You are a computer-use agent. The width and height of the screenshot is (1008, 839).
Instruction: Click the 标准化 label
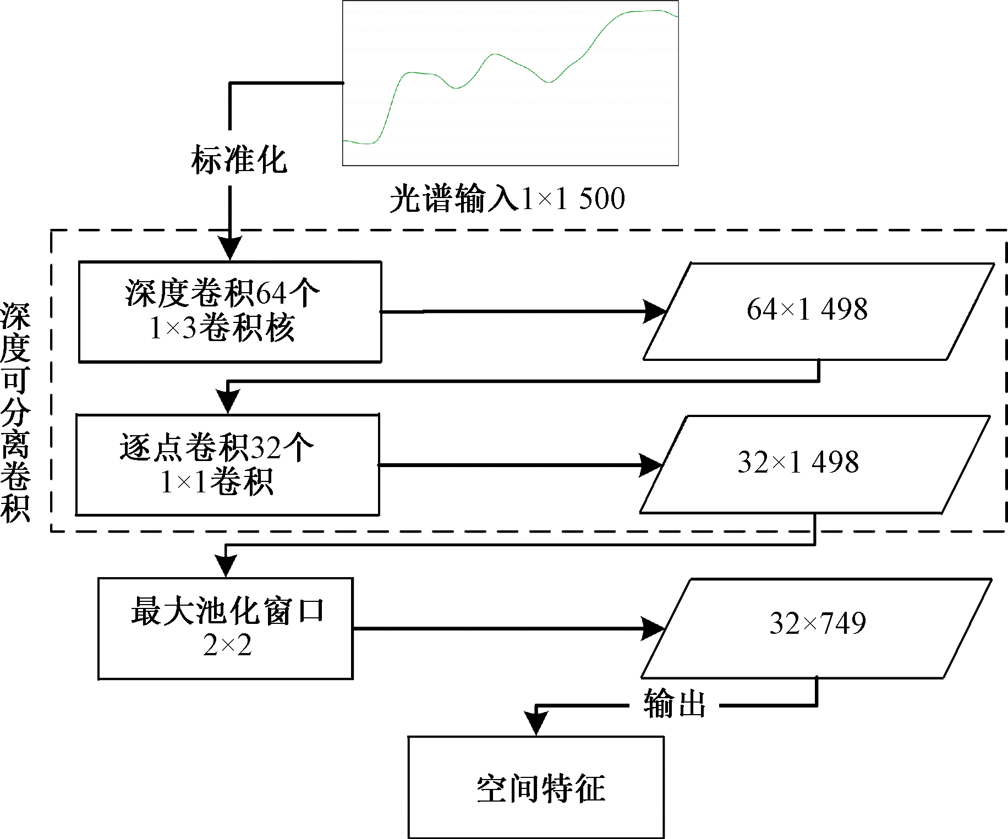(x=239, y=160)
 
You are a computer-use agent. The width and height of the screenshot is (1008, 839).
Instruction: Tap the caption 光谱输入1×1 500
(x=507, y=199)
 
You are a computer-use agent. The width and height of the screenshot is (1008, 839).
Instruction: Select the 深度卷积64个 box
(x=230, y=311)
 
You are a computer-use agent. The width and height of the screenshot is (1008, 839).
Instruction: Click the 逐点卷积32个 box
(x=227, y=465)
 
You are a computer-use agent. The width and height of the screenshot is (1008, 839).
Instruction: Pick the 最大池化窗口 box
(x=226, y=628)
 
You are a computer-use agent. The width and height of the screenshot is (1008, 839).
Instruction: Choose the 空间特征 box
(x=536, y=787)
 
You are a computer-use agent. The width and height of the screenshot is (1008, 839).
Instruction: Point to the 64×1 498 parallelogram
(x=818, y=311)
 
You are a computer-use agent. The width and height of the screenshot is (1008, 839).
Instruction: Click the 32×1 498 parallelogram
(x=814, y=464)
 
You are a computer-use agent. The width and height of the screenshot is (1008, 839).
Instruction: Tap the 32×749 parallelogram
(x=817, y=628)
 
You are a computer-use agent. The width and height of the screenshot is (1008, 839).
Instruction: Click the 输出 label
(x=675, y=704)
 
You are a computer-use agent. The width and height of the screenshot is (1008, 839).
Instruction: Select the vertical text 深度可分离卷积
(x=15, y=412)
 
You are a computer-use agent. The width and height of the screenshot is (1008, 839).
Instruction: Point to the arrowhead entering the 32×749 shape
(x=653, y=628)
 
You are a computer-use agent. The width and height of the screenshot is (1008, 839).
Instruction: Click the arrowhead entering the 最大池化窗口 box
(x=226, y=564)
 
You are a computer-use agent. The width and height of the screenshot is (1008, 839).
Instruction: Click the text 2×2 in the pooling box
(x=227, y=645)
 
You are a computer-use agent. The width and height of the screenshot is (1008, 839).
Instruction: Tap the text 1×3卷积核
(x=222, y=328)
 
